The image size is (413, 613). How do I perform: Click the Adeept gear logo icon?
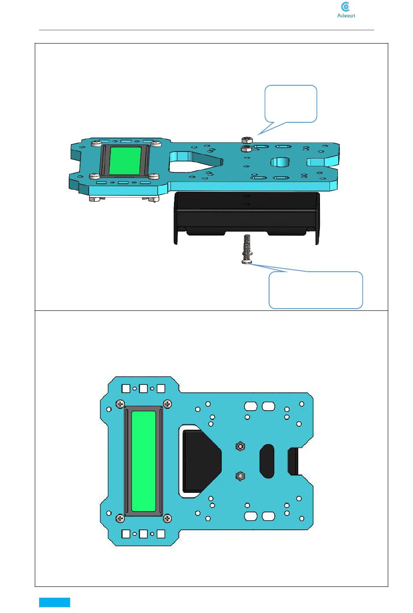click(346, 7)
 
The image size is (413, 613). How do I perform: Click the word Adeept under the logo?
click(346, 16)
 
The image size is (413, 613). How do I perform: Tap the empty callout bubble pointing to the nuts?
click(290, 104)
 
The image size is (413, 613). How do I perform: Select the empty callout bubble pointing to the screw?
click(316, 290)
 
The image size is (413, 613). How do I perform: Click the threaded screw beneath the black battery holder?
click(247, 249)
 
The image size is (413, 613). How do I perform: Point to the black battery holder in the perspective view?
click(247, 218)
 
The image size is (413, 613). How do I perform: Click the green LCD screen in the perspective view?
click(126, 161)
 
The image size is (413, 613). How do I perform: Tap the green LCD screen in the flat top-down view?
click(143, 461)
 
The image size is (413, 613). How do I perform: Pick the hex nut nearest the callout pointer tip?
click(247, 140)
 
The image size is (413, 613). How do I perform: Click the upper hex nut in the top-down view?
click(240, 447)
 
